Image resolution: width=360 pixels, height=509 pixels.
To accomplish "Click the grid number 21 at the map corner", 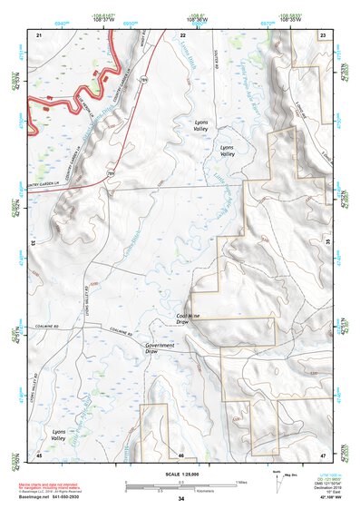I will [39, 34].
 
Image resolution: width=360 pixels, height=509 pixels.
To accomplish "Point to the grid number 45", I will [39, 455].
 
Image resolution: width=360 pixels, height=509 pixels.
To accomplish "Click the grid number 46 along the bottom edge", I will [181, 455].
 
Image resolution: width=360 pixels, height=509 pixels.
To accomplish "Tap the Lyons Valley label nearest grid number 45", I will [60, 436].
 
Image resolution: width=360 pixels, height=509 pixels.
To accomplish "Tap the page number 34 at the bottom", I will [181, 500].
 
